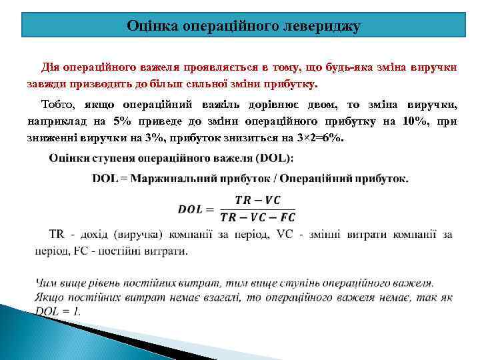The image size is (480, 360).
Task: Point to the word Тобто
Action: point(58,105)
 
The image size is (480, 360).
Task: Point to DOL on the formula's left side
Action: point(191,209)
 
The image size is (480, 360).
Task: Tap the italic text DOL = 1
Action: point(57,311)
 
